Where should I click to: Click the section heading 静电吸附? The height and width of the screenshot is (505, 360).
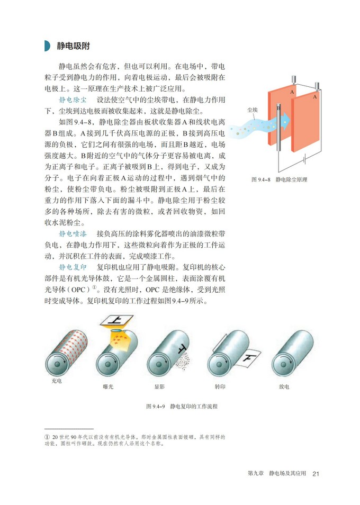click(x=73, y=46)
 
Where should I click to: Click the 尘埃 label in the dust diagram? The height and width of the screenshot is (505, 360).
click(x=253, y=110)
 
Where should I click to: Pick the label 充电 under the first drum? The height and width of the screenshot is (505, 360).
click(x=57, y=381)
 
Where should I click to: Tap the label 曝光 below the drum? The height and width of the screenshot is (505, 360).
click(x=109, y=387)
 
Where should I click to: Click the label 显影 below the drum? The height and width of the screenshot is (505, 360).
click(x=160, y=387)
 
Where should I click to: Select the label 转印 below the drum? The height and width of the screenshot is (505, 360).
click(x=220, y=387)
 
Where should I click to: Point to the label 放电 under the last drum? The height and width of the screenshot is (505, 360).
click(x=284, y=387)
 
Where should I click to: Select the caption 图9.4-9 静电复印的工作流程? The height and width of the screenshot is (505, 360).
click(x=182, y=406)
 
